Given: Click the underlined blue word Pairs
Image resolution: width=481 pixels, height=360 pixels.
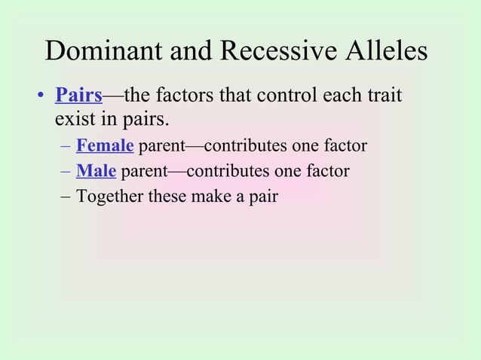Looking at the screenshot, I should (78, 96).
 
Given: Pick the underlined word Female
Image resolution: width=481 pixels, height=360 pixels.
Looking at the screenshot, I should (105, 145).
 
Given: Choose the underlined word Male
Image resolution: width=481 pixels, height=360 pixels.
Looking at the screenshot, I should (96, 171).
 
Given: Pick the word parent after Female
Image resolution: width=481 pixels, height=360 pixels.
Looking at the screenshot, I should (163, 146).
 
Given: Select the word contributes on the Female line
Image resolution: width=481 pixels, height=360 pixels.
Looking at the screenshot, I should (247, 145).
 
